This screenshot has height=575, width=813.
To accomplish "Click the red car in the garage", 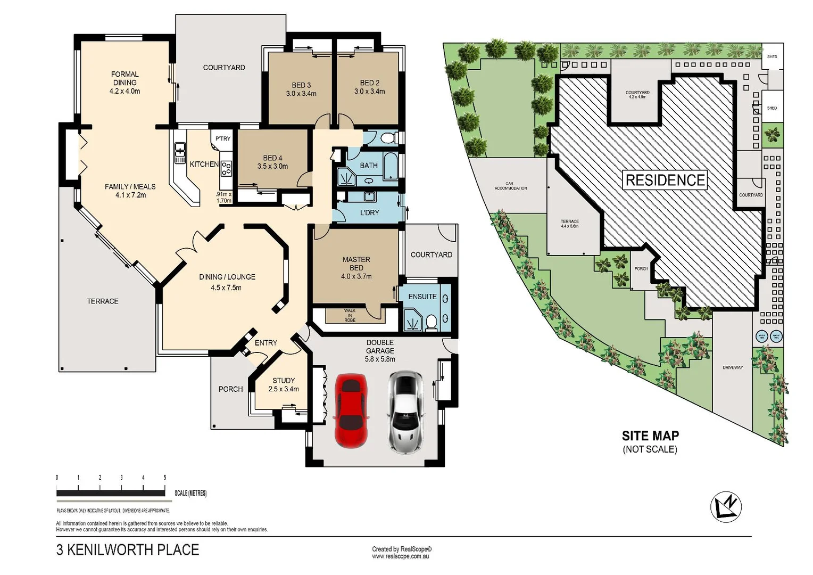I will (x=350, y=410).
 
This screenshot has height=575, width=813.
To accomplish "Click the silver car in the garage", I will (x=405, y=412).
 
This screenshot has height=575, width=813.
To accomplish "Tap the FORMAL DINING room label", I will (x=125, y=83).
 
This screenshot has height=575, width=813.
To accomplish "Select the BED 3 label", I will (x=301, y=89).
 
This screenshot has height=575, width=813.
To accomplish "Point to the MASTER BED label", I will (x=356, y=268).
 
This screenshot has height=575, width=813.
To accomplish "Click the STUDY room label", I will (x=283, y=384).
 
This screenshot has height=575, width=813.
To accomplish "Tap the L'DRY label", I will (x=369, y=212).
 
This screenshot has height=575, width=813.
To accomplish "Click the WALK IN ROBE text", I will (x=350, y=315).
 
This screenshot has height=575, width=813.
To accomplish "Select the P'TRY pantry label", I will (x=223, y=138).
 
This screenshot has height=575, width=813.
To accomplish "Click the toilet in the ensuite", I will (x=431, y=321).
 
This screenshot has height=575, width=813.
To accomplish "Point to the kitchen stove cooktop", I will (x=226, y=169).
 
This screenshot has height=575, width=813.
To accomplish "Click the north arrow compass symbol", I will (x=726, y=506).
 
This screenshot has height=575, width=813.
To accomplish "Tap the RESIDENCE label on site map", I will (x=665, y=180).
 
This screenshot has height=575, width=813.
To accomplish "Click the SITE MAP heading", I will (x=650, y=436).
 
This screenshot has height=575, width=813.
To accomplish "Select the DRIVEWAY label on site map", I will (x=733, y=367).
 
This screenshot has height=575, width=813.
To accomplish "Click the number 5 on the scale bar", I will (x=165, y=478).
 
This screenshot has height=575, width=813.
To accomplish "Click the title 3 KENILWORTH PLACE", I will (x=128, y=549).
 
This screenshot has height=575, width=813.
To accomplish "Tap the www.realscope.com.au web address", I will (x=400, y=556).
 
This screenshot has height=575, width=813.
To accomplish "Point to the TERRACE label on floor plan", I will (x=103, y=301).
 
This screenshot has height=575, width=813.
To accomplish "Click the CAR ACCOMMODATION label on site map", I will (x=510, y=186).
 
